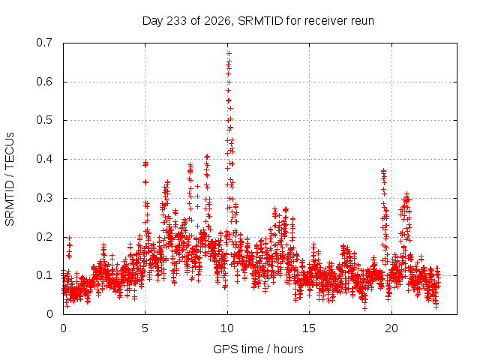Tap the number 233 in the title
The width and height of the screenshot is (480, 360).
[175, 21]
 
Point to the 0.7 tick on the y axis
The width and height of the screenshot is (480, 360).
[44, 43]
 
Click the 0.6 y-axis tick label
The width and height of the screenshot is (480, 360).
[44, 82]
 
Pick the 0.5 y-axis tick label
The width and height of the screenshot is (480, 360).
[44, 120]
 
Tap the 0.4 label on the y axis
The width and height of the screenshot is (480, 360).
[44, 159]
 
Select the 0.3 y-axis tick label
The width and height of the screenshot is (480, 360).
[44, 198]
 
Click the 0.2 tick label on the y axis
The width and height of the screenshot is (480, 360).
[44, 237]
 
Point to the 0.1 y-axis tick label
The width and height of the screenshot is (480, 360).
[44, 275]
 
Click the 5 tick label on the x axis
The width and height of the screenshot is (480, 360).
[145, 328]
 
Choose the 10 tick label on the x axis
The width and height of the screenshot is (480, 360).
[227, 328]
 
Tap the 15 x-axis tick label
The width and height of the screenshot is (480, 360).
[309, 328]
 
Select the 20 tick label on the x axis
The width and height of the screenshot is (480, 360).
[391, 328]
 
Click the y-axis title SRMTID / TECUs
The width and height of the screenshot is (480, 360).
[10, 179]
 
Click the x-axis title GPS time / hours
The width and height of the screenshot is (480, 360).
[258, 349]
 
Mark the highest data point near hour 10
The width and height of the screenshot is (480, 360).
[229, 54]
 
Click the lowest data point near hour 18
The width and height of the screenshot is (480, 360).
[364, 308]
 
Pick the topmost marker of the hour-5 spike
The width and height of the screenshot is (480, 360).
[145, 163]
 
